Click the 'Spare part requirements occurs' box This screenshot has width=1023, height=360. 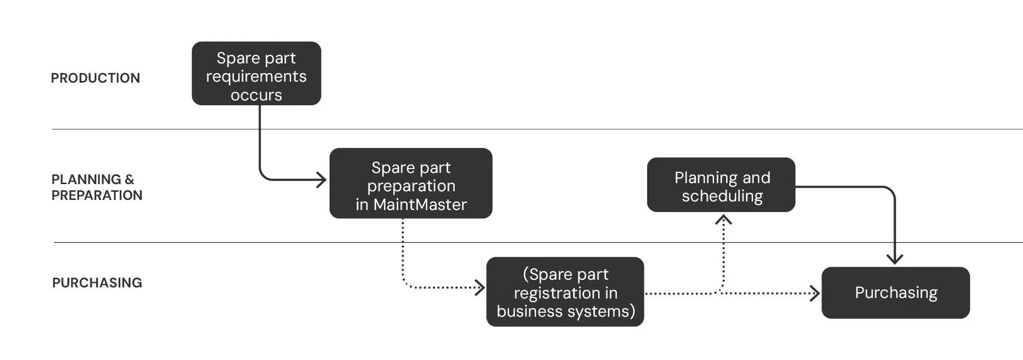coord(256,74)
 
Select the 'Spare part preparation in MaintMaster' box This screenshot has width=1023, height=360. coord(411,183)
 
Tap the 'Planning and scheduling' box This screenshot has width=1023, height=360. coord(721,185)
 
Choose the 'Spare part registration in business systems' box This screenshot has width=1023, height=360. coord(565,292)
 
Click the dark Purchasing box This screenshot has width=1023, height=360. coord(896,292)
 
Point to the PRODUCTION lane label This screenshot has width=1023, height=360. coord(95,78)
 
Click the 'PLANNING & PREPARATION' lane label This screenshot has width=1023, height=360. coord(97,187)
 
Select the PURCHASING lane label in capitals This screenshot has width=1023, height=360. coord(97,283)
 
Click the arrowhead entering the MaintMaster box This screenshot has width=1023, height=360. coord(322,180)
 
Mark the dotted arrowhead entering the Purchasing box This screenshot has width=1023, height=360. coord(815,294)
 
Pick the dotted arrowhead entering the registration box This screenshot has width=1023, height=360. coord(480,287)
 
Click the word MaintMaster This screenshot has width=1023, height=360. coord(420,205)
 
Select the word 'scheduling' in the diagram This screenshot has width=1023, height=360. coord(722,196)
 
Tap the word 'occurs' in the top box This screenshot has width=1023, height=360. coord(256,96)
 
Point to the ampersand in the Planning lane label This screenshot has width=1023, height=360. coord(129,179)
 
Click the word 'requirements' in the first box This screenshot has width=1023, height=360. coord(256,77)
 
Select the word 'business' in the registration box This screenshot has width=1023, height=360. coord(529,311)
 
